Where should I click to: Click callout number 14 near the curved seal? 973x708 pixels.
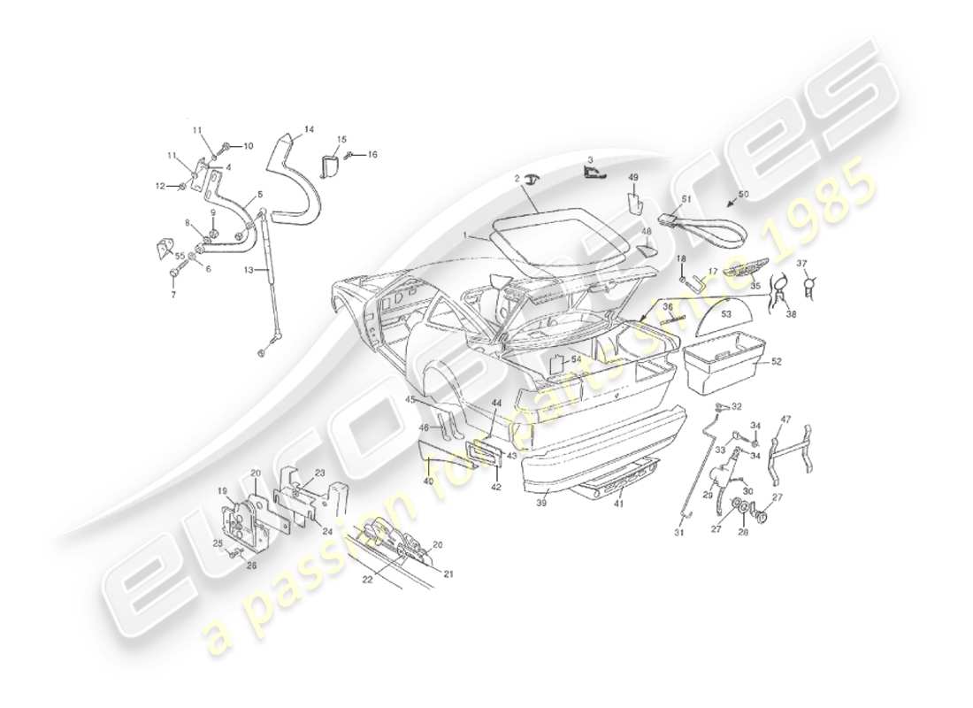(x=309, y=130)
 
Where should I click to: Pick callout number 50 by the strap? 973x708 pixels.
(x=743, y=193)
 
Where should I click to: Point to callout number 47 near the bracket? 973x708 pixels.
(x=785, y=419)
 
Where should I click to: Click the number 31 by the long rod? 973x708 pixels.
(x=679, y=532)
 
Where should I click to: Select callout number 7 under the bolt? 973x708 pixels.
(x=173, y=294)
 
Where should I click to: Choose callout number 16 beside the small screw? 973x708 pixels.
(x=372, y=154)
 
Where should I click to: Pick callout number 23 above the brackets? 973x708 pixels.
(x=319, y=473)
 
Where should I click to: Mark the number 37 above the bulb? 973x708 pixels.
(x=802, y=263)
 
